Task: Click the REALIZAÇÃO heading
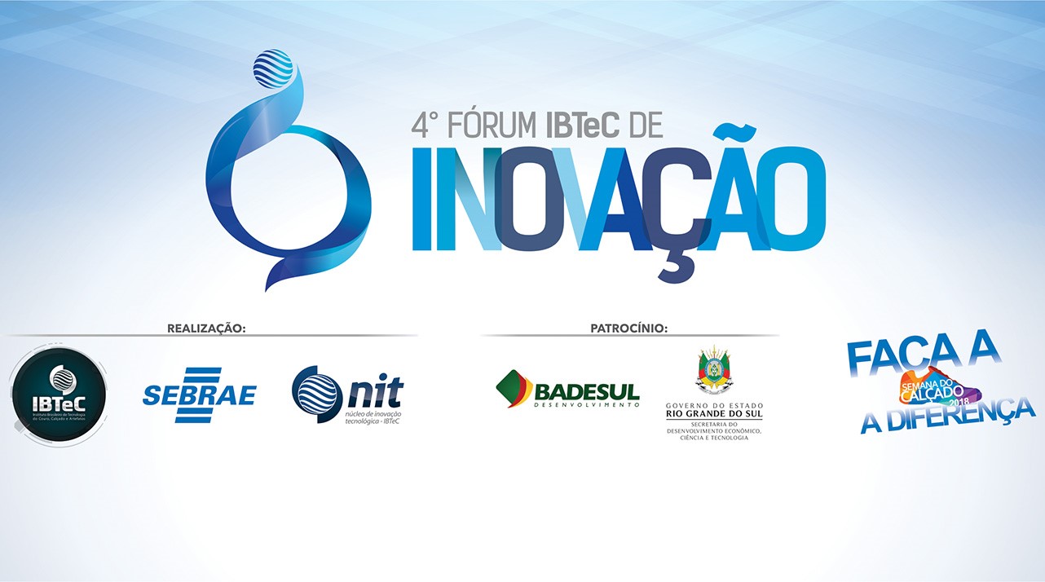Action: tap(206, 328)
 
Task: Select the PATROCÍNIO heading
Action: tap(628, 328)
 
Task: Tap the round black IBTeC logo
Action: tap(59, 395)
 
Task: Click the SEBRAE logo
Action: tap(199, 395)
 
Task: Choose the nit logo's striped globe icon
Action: tap(316, 393)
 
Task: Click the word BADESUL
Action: tap(587, 390)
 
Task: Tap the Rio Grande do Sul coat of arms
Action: tap(713, 372)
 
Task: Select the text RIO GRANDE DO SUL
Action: tap(714, 414)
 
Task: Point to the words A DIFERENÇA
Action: tap(948, 414)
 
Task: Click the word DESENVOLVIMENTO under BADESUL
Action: tap(586, 405)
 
